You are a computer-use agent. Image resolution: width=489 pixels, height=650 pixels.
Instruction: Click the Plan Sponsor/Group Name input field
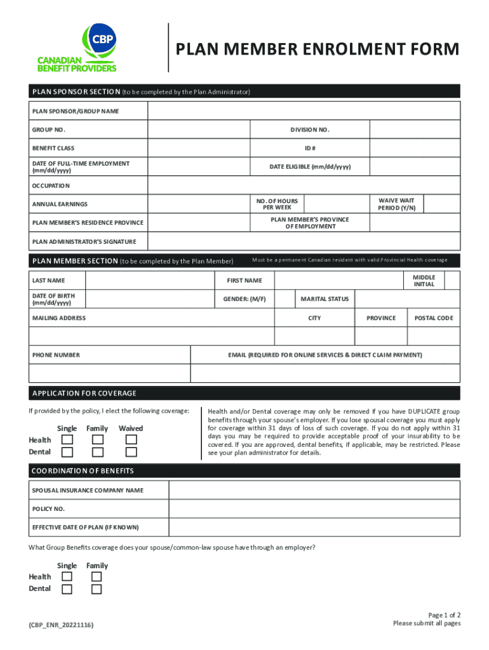(x=304, y=111)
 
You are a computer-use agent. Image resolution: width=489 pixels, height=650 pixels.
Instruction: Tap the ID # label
(x=310, y=148)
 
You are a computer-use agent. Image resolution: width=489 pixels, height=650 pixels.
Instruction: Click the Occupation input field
(x=304, y=185)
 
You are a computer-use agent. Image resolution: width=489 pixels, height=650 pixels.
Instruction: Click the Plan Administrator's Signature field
(x=304, y=241)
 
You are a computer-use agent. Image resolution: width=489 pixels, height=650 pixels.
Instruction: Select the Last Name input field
(x=149, y=281)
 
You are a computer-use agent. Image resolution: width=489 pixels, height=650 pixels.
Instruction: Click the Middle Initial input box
(x=452, y=281)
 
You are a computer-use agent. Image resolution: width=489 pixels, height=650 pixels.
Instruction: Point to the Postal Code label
(x=434, y=318)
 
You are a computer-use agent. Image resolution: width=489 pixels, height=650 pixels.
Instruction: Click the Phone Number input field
(x=109, y=373)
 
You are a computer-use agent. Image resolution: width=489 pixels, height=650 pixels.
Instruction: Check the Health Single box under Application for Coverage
(x=67, y=440)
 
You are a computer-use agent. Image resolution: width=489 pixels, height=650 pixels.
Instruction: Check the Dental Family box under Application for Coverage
(x=97, y=452)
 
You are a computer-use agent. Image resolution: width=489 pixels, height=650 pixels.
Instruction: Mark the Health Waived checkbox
(x=131, y=440)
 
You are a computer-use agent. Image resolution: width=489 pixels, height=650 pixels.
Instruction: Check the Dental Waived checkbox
(x=131, y=452)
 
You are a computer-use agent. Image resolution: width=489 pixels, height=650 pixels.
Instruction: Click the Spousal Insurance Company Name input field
(x=314, y=490)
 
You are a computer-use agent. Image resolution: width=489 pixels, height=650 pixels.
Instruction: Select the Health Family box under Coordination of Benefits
(x=97, y=576)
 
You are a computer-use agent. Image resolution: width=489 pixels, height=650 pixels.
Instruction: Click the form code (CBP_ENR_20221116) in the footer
(x=61, y=625)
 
